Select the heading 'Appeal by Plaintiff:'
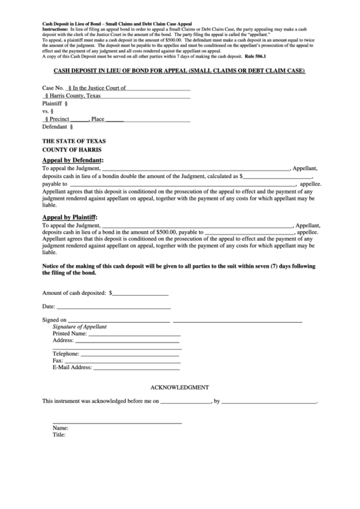70,217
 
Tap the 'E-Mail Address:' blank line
136,367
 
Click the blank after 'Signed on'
119,320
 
